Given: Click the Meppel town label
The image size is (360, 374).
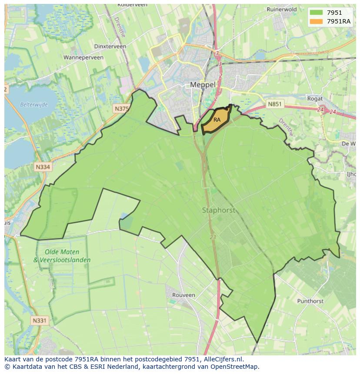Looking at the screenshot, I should click(203, 85).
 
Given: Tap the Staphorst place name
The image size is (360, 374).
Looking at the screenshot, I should click(218, 210).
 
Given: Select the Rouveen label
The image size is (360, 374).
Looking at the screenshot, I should click(183, 295).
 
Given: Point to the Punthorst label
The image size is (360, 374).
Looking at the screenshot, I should click(310, 301).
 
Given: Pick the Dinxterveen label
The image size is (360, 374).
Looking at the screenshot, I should click(110, 46).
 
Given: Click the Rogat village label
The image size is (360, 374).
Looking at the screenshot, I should click(315, 99).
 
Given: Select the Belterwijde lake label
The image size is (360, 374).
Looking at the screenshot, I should click(33, 104).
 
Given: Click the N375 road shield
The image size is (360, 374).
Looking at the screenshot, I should click(121, 109).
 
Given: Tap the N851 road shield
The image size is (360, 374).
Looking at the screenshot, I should click(274, 104).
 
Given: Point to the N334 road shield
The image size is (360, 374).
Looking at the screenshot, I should click(43, 166).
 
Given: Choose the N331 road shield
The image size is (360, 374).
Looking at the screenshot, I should click(40, 321).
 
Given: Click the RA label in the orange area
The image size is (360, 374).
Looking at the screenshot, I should click(217, 119).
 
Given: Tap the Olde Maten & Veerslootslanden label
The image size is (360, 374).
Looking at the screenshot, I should click(62, 256).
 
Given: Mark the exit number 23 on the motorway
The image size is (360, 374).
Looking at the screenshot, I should click(213, 237).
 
